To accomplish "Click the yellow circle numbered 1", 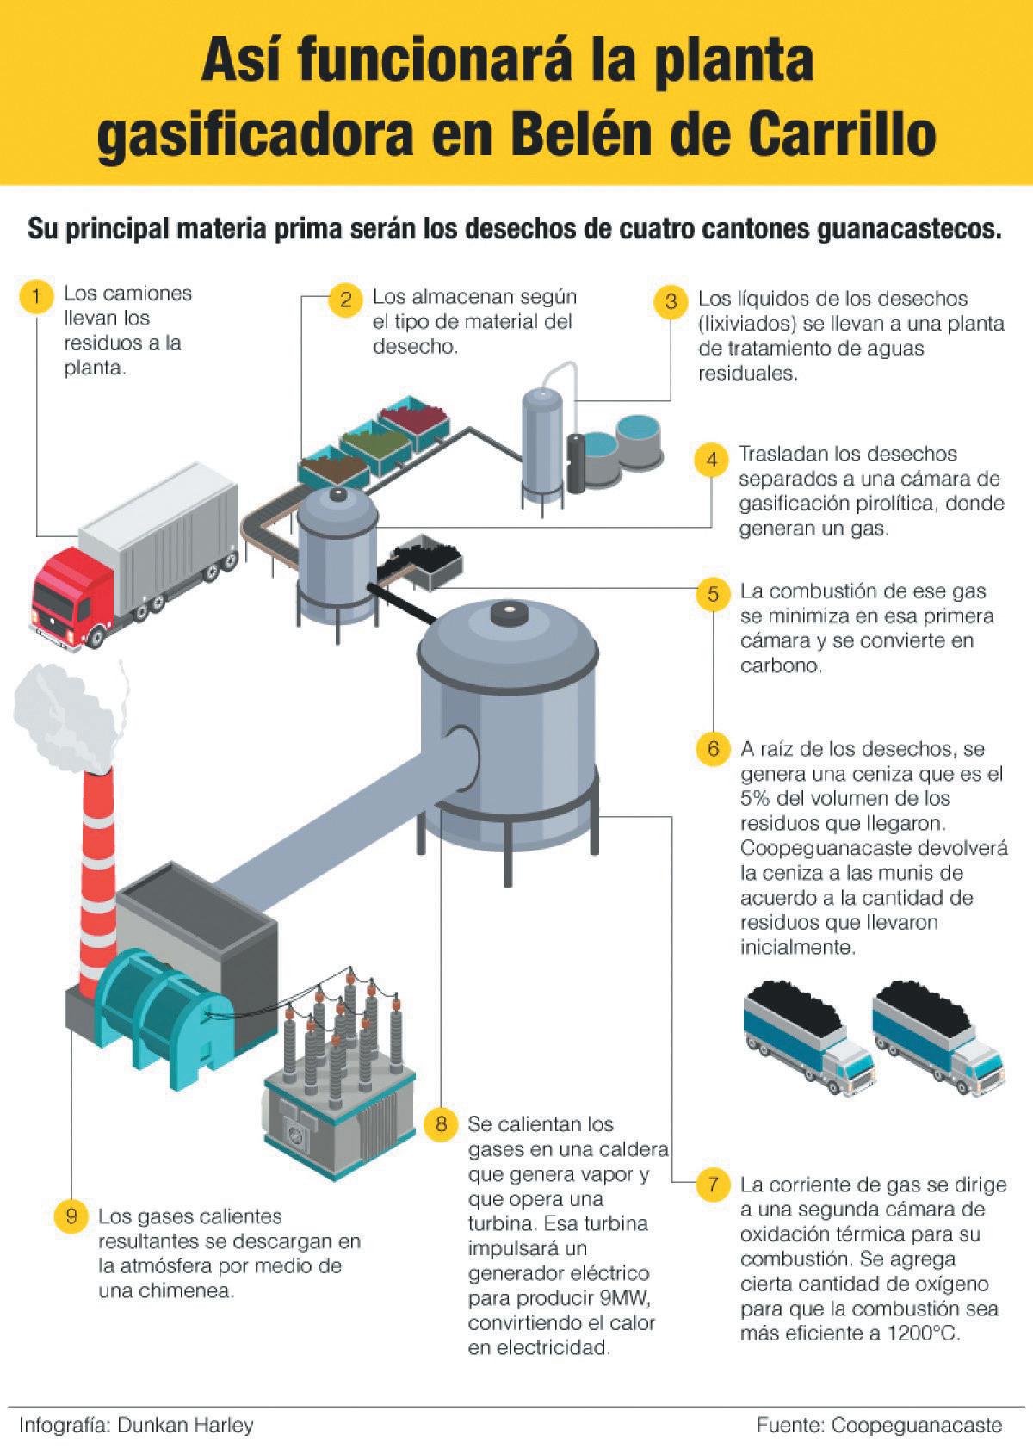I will [x=36, y=298].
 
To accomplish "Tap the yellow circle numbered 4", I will [x=712, y=460].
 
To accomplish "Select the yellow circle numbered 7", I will [x=714, y=1185].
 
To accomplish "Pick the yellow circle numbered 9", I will [x=71, y=1216].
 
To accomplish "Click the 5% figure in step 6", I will [x=756, y=797].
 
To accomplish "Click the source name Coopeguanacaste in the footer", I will [x=916, y=1425].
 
